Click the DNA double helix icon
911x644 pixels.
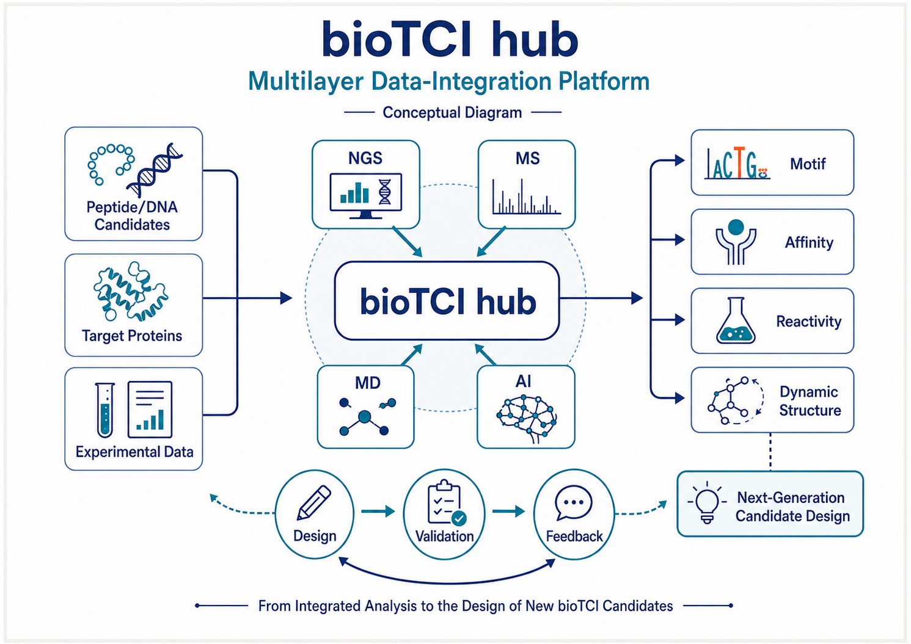pos(155,170)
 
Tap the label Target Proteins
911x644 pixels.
pos(132,336)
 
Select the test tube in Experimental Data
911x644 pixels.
pos(105,410)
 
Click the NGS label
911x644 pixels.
pos(365,158)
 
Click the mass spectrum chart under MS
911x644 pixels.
pos(526,196)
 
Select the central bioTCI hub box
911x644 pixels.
pos(447,301)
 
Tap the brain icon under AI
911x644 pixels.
pos(527,419)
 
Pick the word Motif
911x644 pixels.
pos(808,164)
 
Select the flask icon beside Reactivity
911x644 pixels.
pos(735,320)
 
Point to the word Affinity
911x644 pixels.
pos(809,242)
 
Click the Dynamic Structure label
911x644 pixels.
pos(810,401)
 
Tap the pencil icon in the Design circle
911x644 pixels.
pos(314,502)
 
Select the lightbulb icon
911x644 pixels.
pos(708,503)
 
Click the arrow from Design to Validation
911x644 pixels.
pos(378,511)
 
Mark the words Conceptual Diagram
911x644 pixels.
pos(452,112)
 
